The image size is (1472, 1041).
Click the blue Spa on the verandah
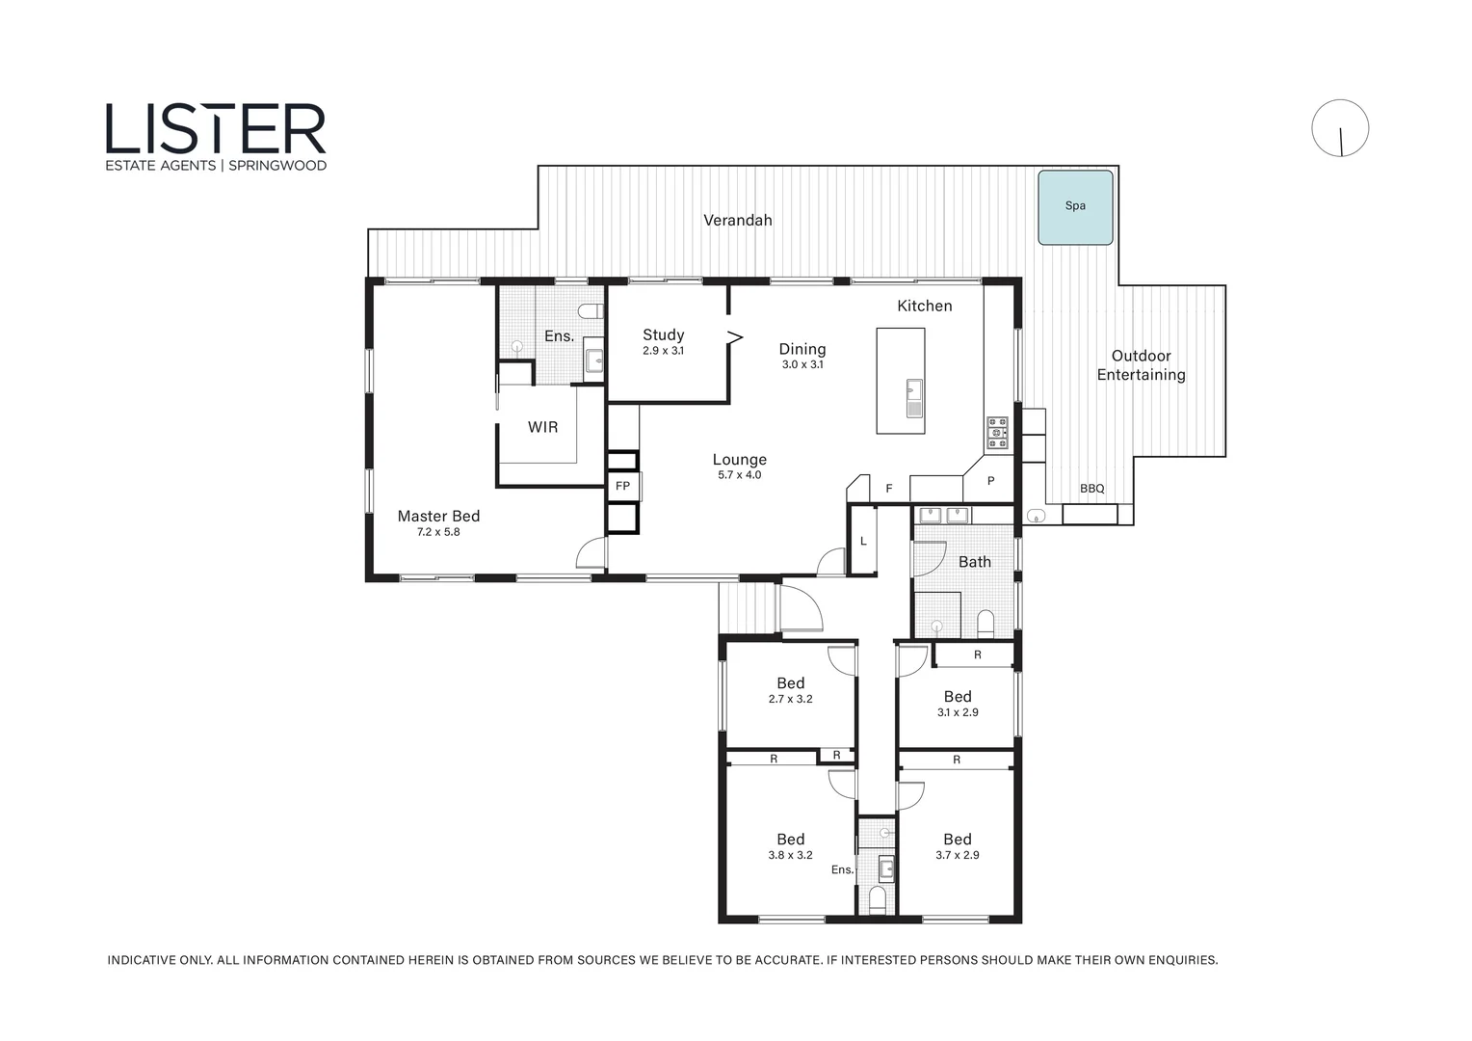pyautogui.click(x=1075, y=208)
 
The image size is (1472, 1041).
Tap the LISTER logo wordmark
pyautogui.click(x=216, y=129)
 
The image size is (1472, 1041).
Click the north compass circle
pyautogui.click(x=1340, y=128)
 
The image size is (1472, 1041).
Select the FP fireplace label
pyautogui.click(x=622, y=486)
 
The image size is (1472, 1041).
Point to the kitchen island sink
pyautogui.click(x=914, y=398)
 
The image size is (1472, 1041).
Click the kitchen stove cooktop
pyautogui.click(x=996, y=434)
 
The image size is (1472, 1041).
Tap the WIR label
pyautogui.click(x=542, y=427)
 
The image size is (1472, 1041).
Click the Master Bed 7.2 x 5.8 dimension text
pyautogui.click(x=438, y=532)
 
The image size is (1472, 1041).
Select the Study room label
pyautogui.click(x=663, y=334)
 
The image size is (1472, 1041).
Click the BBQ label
pyautogui.click(x=1092, y=489)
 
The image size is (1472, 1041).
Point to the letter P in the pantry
pyautogui.click(x=991, y=481)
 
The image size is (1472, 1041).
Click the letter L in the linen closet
pyautogui.click(x=863, y=541)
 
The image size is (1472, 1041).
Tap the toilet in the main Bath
pyautogui.click(x=986, y=624)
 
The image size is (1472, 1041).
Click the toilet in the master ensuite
pyautogui.click(x=592, y=310)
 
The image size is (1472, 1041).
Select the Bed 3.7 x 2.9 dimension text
pyautogui.click(x=958, y=855)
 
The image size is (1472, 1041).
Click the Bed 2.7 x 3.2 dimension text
pyautogui.click(x=791, y=699)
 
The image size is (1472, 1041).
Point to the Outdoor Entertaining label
pyautogui.click(x=1142, y=365)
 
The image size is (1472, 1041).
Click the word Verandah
pyautogui.click(x=737, y=221)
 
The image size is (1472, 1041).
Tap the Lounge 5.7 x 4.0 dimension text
pyautogui.click(x=740, y=475)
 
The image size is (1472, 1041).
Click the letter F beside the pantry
pyautogui.click(x=889, y=489)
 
